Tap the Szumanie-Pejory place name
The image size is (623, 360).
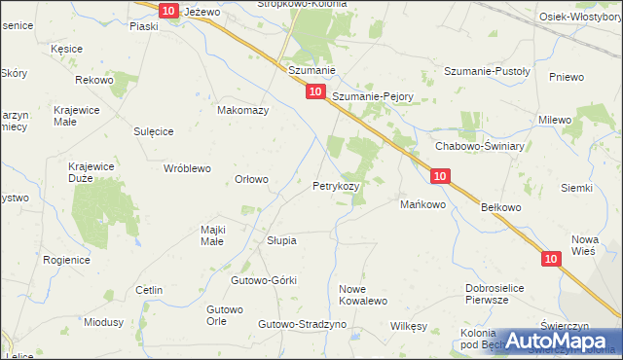tap(373, 97)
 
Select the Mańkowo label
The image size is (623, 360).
tap(422, 204)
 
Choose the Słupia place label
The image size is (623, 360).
tap(281, 239)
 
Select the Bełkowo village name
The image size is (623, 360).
tap(501, 207)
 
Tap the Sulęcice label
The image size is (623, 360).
tap(153, 129)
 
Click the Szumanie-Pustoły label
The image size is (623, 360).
tap(486, 71)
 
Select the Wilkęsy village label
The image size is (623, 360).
tap(409, 326)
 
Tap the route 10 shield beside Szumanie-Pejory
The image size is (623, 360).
tap(314, 90)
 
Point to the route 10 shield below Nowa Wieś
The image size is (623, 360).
tap(552, 258)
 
